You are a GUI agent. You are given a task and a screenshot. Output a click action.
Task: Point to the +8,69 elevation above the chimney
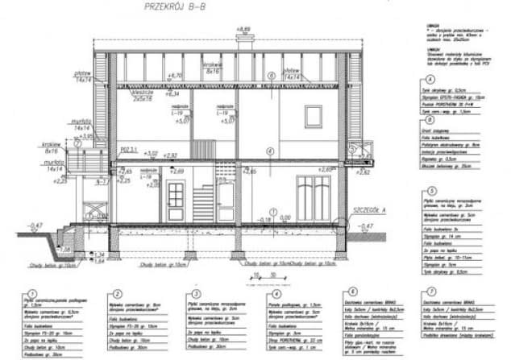pyautogui.click(x=241, y=30)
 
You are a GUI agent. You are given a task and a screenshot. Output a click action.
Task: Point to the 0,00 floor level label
pyautogui.click(x=282, y=217)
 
